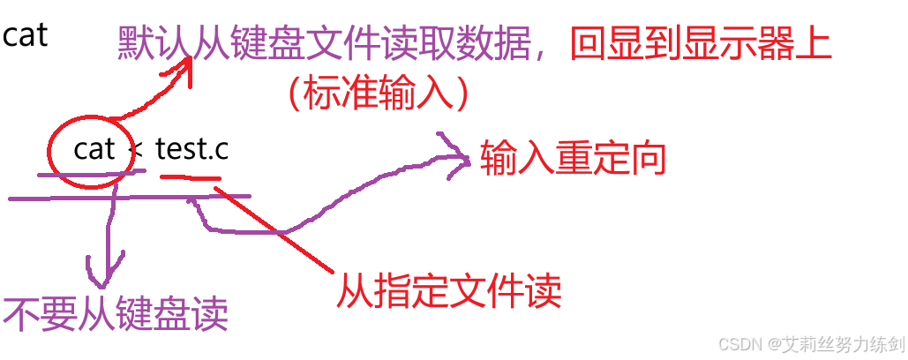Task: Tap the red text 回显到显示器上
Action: click(701, 45)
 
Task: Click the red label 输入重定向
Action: click(571, 158)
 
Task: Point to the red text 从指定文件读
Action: click(448, 289)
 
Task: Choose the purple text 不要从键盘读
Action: click(116, 313)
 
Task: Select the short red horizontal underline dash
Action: click(190, 177)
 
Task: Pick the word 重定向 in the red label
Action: click(609, 158)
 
